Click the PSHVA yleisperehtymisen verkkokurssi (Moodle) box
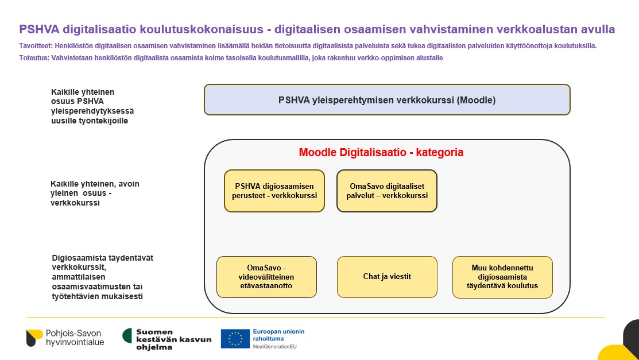pos(387,100)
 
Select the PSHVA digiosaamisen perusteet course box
pos(274,191)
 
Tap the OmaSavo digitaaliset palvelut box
pos(387,191)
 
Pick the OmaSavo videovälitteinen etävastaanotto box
pos(266,277)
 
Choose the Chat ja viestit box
pos(387,277)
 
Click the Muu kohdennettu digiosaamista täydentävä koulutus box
pos(502,277)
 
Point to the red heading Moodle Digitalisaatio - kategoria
pos(381,153)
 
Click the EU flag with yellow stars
pos(235,339)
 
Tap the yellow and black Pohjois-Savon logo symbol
pos(34,338)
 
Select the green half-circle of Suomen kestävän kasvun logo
pos(127,335)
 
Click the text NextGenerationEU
pos(274,347)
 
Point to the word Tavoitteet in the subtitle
pos(35,46)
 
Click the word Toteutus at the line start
pos(33,58)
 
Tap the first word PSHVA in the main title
pos(39,29)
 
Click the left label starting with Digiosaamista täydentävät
pos(102,277)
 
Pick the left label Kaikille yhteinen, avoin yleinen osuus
pos(95,193)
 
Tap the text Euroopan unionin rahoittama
pos(279,335)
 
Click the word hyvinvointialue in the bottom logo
pos(75,342)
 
